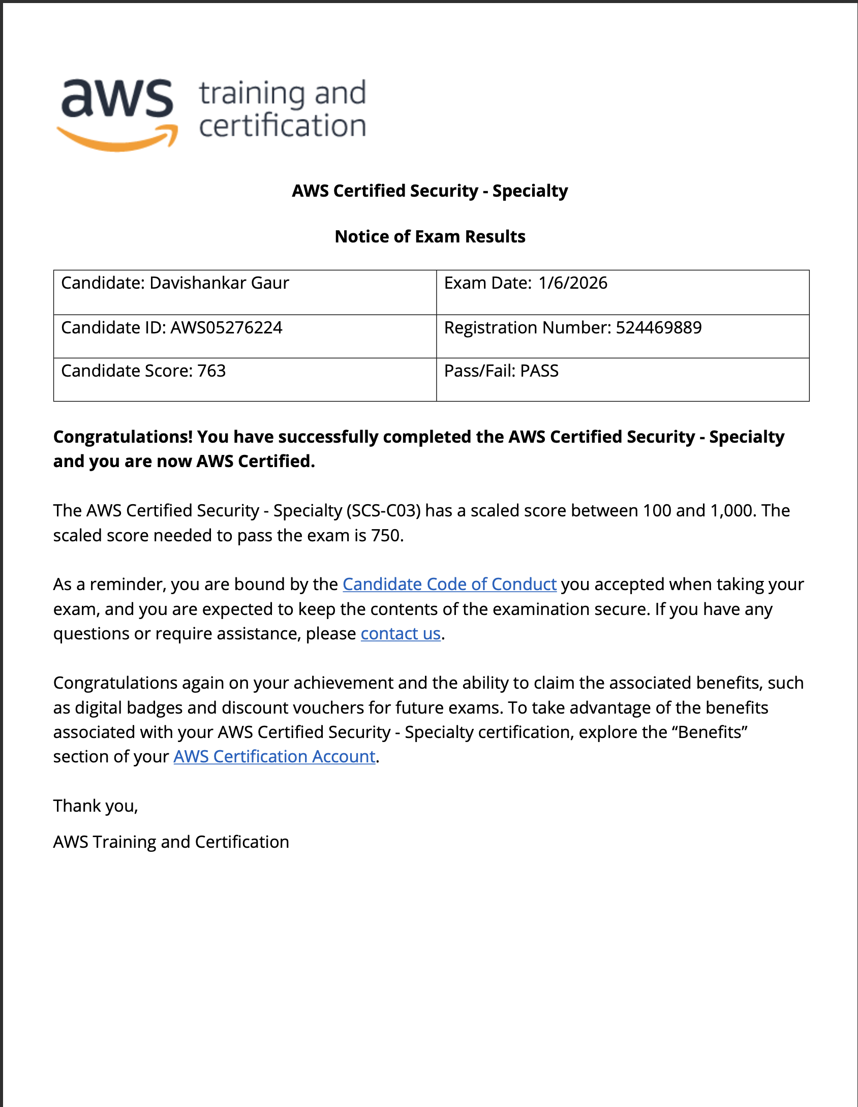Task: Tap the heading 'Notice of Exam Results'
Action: point(430,237)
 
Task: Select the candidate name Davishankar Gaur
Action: point(219,283)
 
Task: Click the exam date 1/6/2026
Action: point(572,283)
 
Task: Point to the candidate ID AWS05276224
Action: point(226,328)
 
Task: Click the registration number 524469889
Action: point(658,328)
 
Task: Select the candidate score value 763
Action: point(211,371)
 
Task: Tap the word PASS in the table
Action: point(539,371)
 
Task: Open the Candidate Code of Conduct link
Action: point(449,585)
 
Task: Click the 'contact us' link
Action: point(401,634)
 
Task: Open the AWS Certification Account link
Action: point(274,757)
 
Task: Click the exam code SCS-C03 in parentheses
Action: point(384,511)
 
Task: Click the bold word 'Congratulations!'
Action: point(123,437)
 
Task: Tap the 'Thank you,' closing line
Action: point(96,806)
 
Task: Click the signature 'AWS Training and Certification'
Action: point(171,842)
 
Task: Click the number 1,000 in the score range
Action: point(733,511)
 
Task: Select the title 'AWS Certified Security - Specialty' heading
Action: point(430,191)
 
